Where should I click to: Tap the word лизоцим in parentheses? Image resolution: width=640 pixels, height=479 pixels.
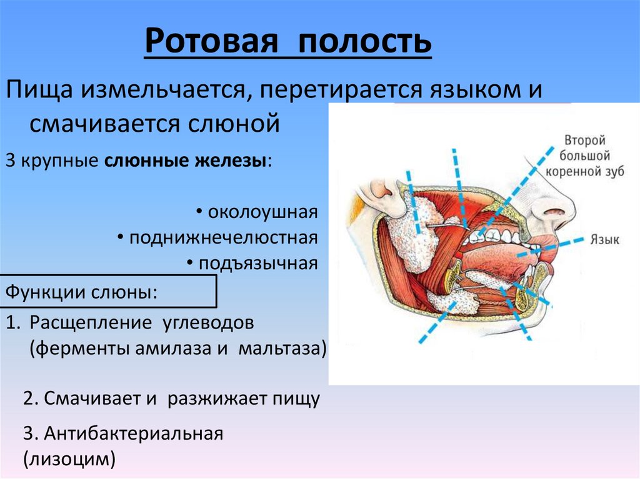point(69,460)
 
